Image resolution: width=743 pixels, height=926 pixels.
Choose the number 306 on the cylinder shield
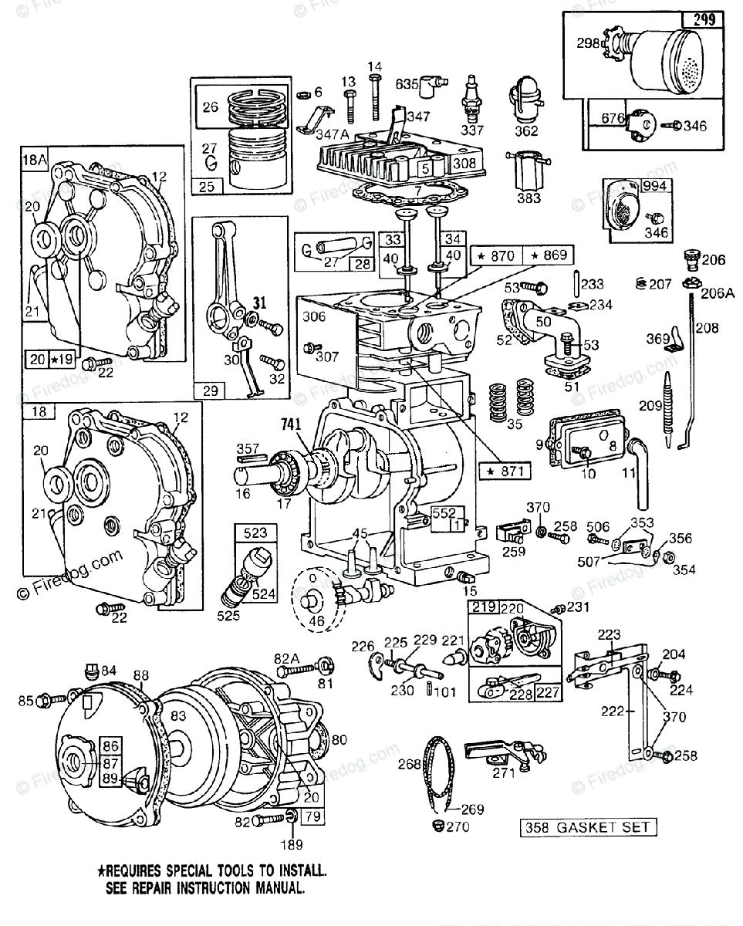[313, 316]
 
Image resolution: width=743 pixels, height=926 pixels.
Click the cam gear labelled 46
[316, 600]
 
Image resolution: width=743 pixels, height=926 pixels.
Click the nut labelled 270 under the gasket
[437, 827]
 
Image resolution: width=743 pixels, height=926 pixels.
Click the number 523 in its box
[255, 532]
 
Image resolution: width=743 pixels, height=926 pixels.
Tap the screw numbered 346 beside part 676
[674, 123]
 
